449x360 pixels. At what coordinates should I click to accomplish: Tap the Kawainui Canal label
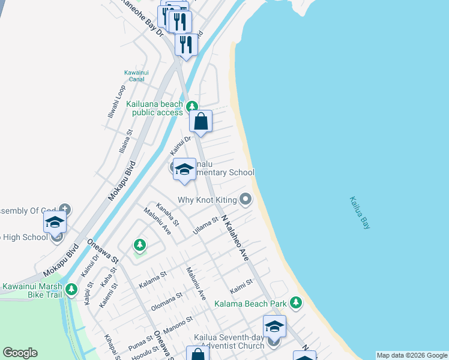[x=136, y=76]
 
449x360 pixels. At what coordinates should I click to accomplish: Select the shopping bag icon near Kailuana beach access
[x=201, y=122]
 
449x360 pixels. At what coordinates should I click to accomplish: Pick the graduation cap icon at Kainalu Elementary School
[x=184, y=169]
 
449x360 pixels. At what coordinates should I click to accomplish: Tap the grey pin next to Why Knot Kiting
[x=245, y=199]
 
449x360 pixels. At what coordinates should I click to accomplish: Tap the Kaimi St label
[x=241, y=283]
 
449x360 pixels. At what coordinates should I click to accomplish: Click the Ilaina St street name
[x=125, y=142]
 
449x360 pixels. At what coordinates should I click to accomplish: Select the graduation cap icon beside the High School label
[x=55, y=222]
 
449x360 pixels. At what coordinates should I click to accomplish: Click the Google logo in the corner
[x=20, y=353]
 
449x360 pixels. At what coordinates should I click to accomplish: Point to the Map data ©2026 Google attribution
[x=412, y=355]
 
